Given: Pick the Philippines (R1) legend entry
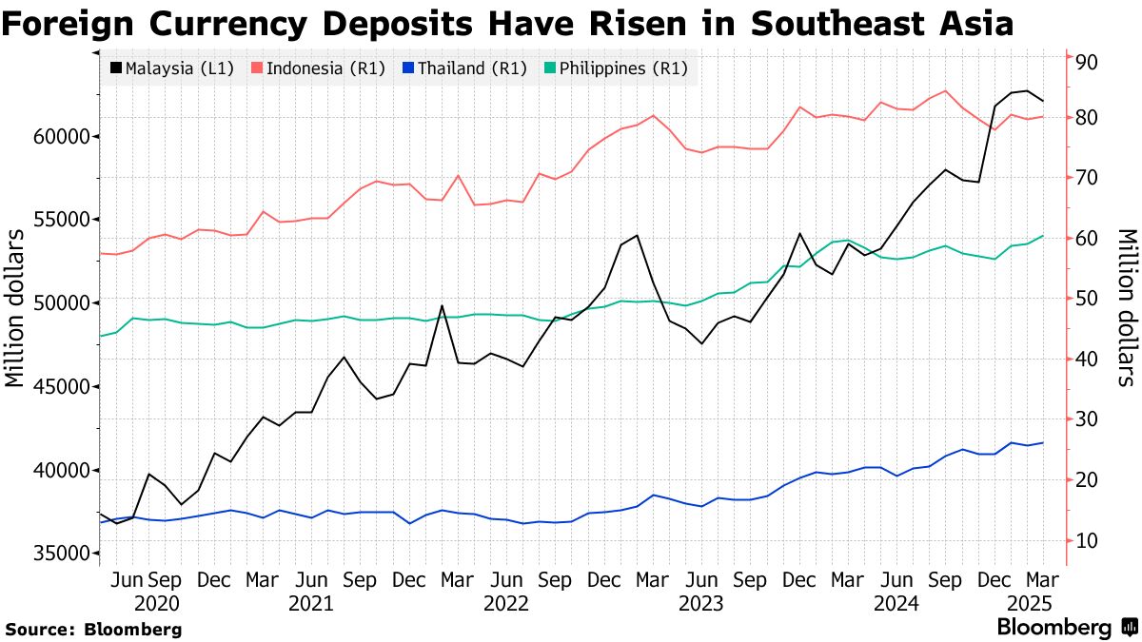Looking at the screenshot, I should pos(615,68).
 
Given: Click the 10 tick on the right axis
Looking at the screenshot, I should pos(1086,541).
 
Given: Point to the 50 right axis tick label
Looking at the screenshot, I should pos(1086,299).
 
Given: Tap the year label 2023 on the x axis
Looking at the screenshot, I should pos(701,604).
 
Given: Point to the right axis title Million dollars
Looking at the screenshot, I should pos(1126,306).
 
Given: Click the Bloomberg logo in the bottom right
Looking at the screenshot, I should pos(1066,627).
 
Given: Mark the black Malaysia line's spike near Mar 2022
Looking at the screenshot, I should pos(442,306).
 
